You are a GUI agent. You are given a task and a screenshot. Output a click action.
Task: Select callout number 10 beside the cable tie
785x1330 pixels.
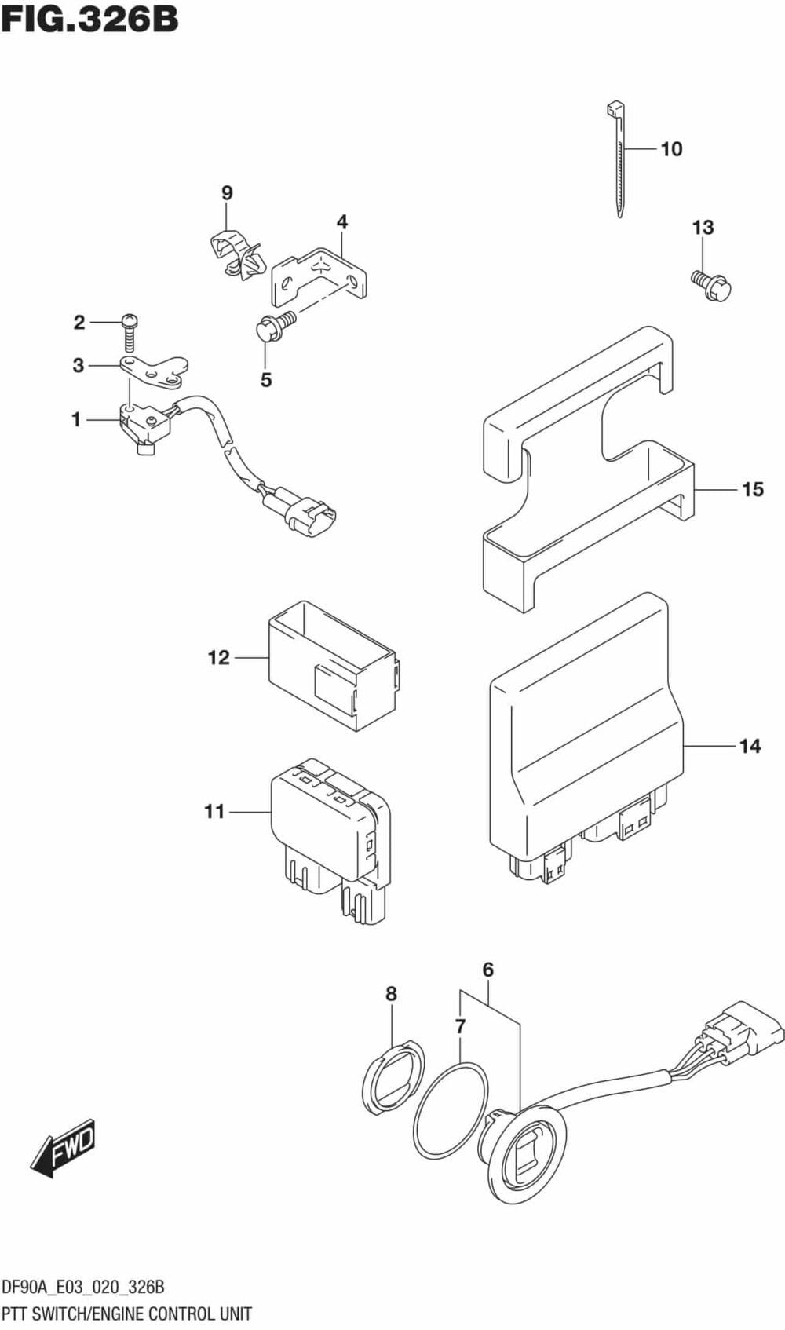(672, 149)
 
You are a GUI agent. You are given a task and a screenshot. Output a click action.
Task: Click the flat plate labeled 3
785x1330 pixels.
(155, 371)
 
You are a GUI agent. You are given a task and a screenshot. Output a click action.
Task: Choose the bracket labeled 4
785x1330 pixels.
(319, 277)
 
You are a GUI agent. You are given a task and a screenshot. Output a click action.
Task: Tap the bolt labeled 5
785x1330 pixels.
(275, 328)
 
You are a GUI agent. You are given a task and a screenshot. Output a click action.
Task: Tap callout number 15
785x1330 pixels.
(752, 489)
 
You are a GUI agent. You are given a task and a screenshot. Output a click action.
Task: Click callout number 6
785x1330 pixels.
(487, 970)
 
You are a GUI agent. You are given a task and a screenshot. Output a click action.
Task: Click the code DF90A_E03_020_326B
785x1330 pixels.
(83, 1288)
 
